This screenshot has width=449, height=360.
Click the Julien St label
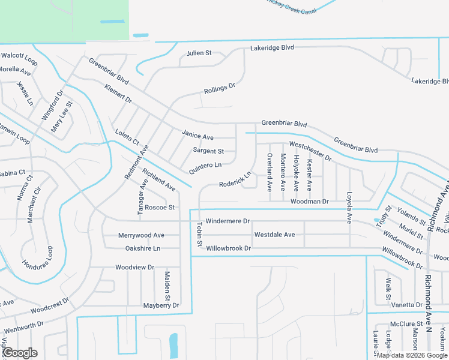pos(199,53)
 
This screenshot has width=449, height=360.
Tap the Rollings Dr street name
pos(220,89)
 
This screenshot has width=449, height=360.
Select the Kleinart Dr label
pos(118,96)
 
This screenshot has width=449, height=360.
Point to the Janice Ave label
pos(197,137)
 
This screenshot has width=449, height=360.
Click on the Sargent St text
pos(208,151)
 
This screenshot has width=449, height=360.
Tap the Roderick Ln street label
pos(235,180)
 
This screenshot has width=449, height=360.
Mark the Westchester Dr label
pos(310,151)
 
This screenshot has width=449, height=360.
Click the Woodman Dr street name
pos(309,202)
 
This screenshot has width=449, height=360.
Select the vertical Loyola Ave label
pos(349,208)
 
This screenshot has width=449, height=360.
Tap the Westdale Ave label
pos(274,235)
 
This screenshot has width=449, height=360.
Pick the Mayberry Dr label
pos(161,305)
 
